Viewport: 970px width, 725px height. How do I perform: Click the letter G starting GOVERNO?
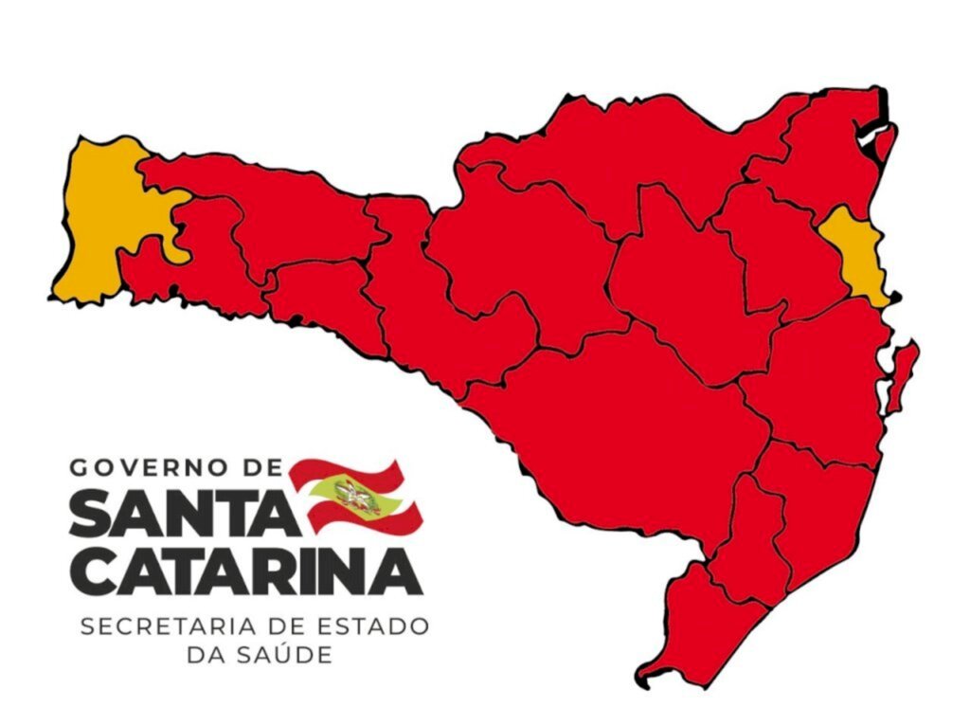(79, 467)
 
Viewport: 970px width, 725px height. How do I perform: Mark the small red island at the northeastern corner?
(885, 142)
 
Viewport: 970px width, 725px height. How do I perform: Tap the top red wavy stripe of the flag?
(346, 469)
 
